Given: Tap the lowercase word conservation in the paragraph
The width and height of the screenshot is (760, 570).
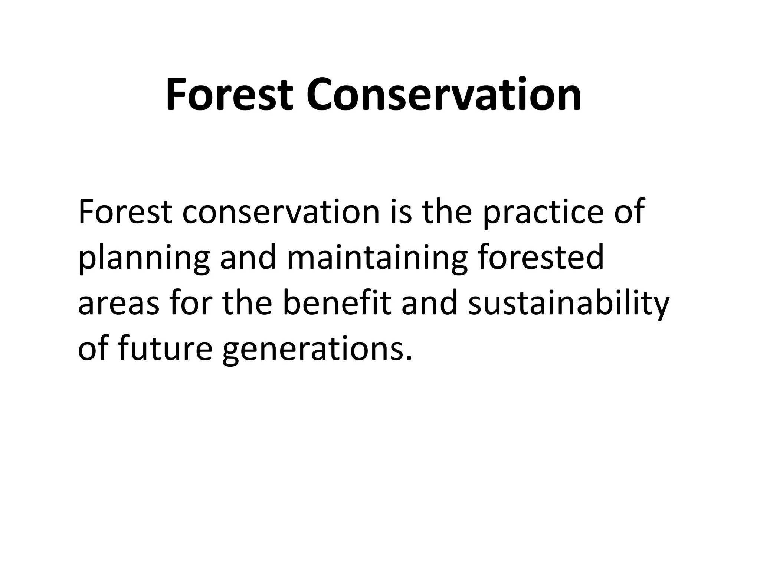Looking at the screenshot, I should (x=281, y=212).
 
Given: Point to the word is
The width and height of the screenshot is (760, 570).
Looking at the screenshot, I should (x=401, y=212).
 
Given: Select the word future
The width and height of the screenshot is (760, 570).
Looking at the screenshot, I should (x=166, y=349).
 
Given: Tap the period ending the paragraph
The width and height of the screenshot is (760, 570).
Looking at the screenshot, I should (x=409, y=358).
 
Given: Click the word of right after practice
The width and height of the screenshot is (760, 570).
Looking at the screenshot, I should (x=629, y=212).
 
